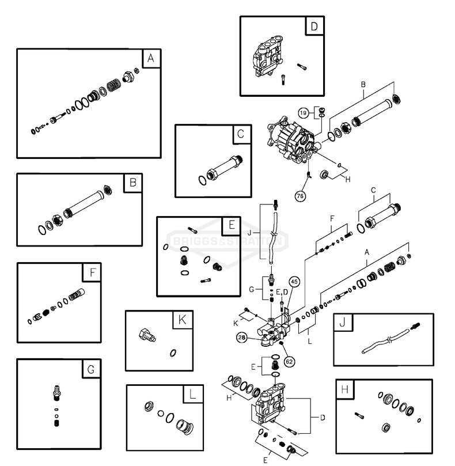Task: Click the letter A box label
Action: pyautogui.click(x=151, y=58)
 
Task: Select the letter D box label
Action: pyautogui.click(x=314, y=26)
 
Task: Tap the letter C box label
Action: pyautogui.click(x=241, y=134)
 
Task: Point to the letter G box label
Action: pyautogui.click(x=90, y=369)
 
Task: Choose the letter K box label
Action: pyautogui.click(x=182, y=320)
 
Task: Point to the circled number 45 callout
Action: pyautogui.click(x=294, y=282)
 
